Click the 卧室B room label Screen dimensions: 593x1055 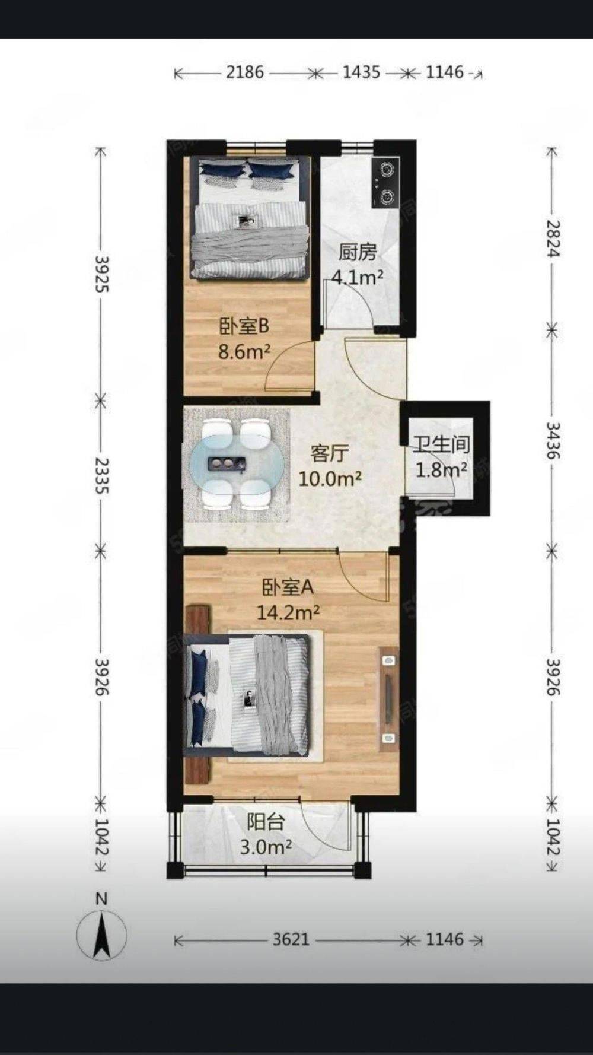point(244,326)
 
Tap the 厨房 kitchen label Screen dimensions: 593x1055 point(358,252)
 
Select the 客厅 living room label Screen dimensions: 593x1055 point(330,454)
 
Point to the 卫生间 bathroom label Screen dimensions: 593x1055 point(442,444)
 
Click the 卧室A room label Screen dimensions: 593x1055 point(288,587)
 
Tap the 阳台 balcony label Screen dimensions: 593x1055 point(266,822)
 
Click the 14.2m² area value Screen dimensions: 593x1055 point(288,612)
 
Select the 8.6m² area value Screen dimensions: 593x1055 point(244,351)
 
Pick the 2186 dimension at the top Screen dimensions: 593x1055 point(245,72)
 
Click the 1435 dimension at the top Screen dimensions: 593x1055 point(361,72)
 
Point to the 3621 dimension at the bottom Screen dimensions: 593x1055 point(291,939)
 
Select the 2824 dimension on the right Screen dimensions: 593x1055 point(553,238)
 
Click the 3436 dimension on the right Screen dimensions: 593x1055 point(553,440)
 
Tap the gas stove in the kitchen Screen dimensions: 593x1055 point(385,182)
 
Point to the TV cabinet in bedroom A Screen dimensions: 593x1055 point(388,699)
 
